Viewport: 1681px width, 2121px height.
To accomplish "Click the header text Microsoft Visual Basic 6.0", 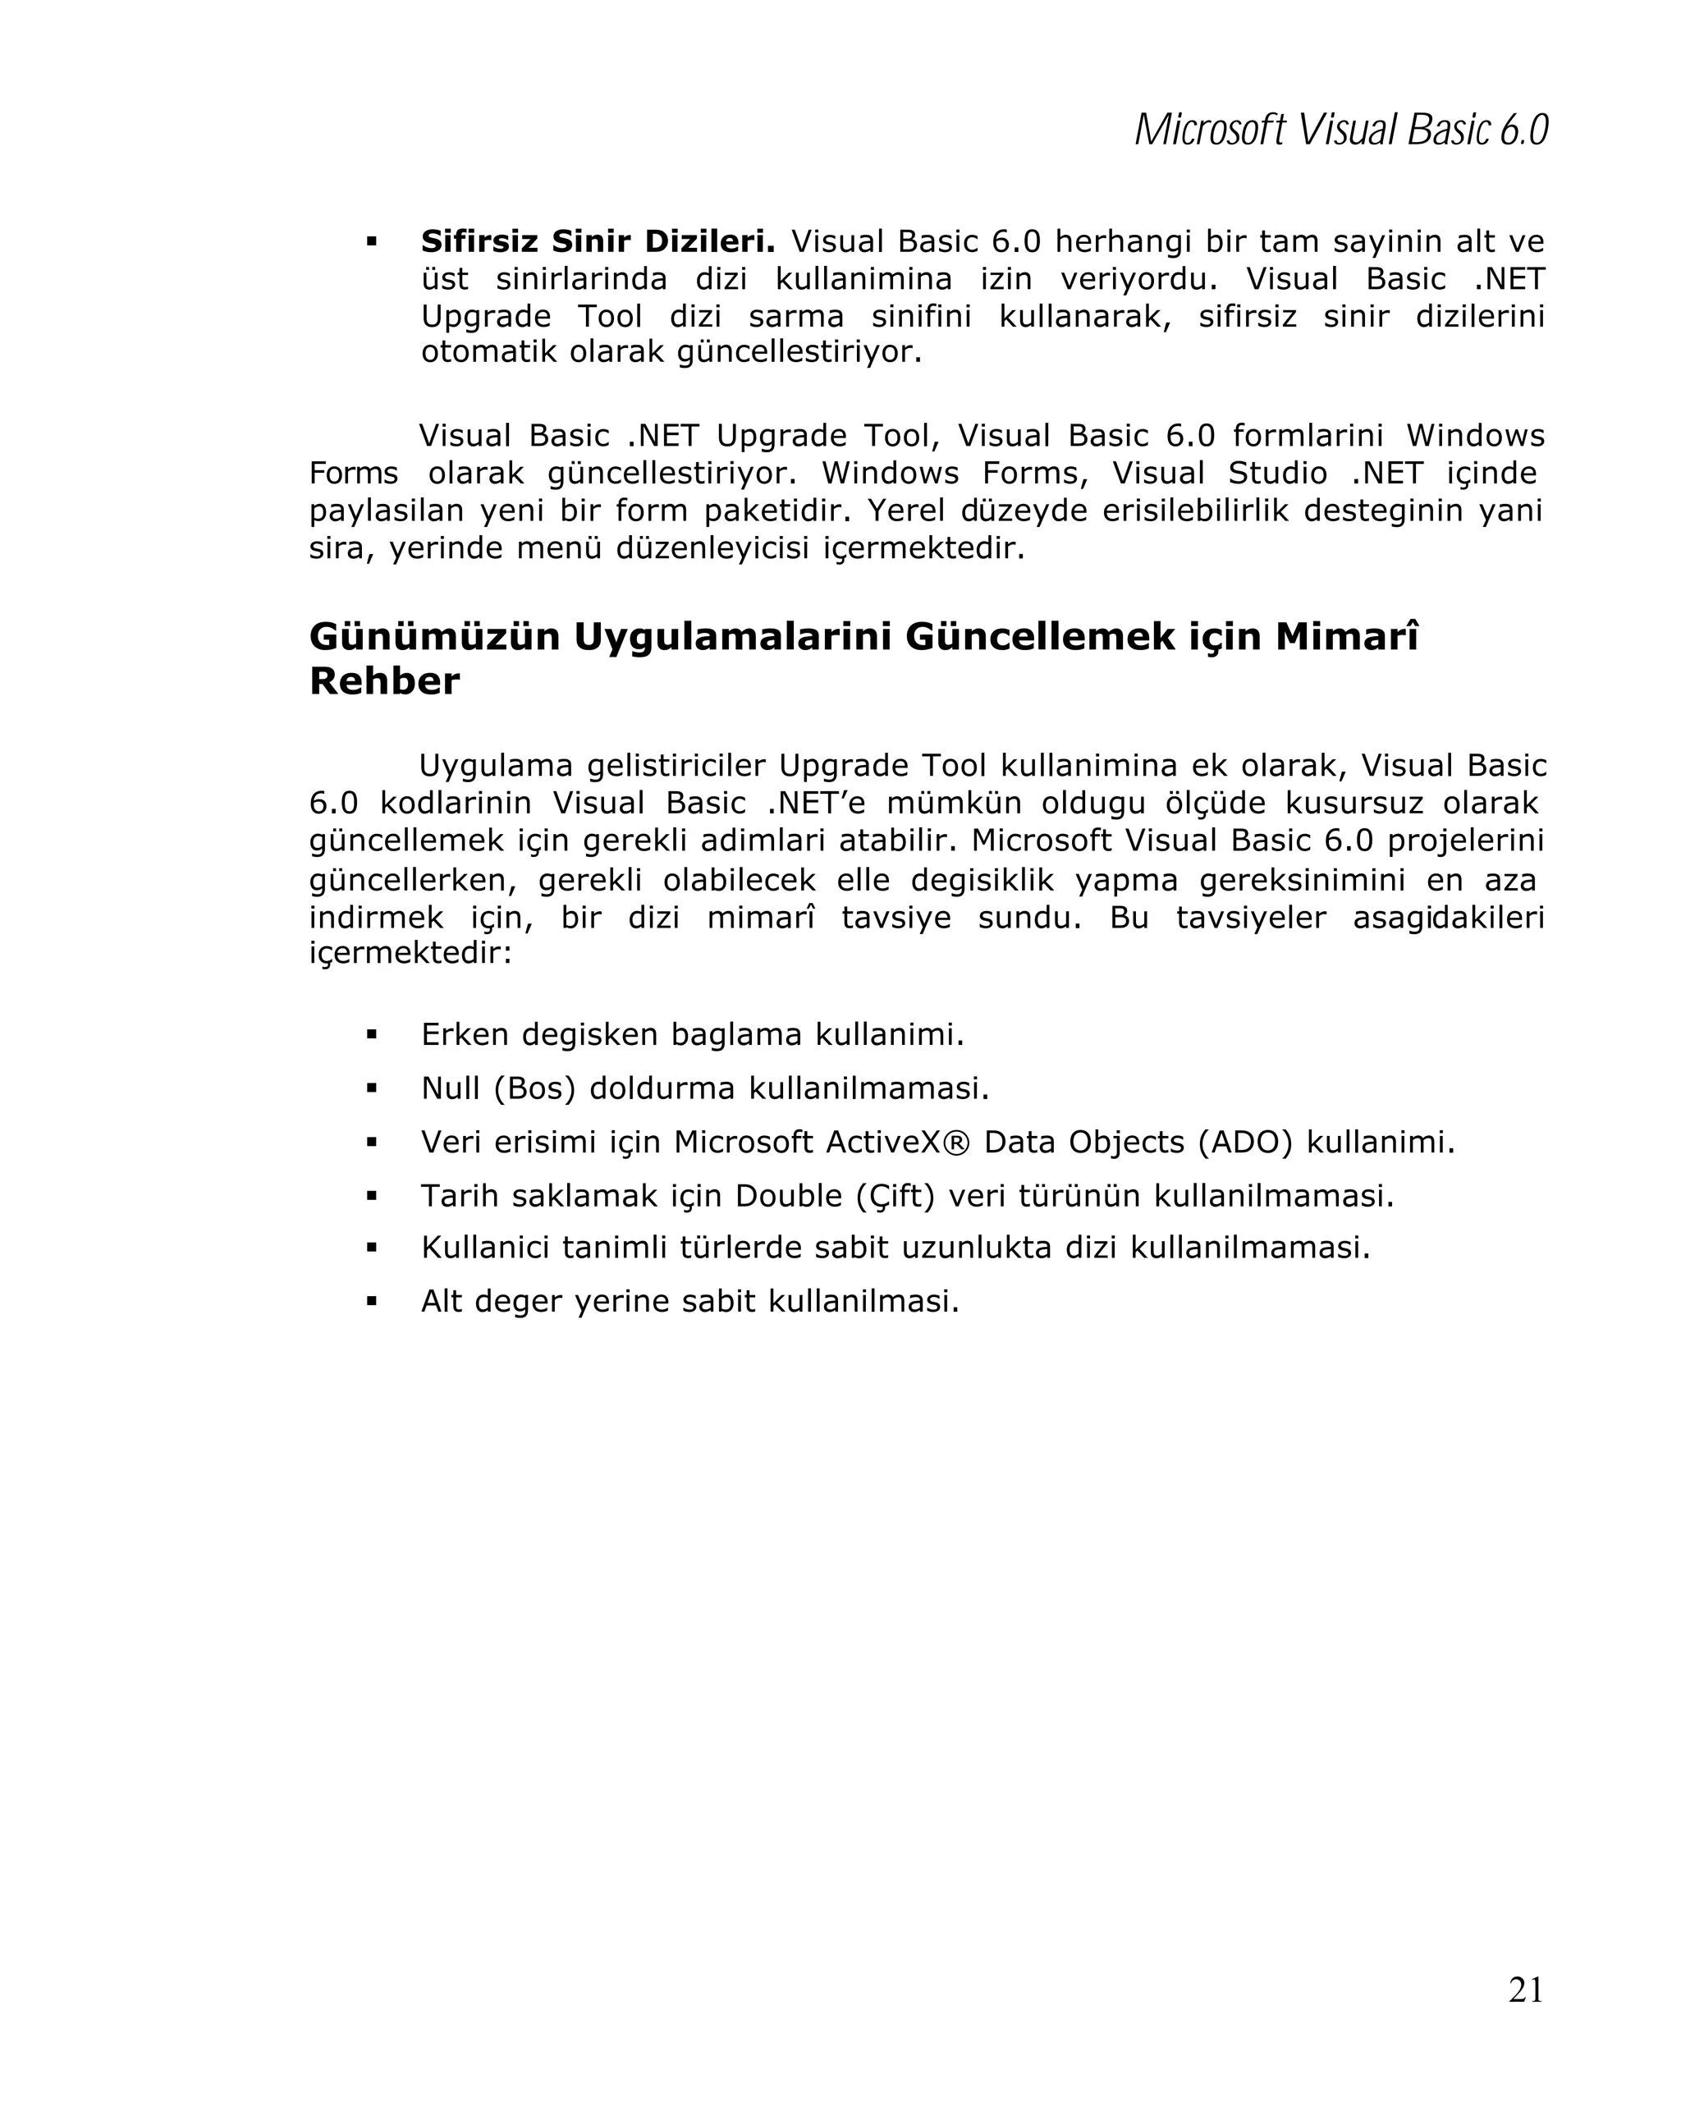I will [x=1340, y=131].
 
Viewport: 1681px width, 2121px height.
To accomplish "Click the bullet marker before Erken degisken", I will [x=372, y=1034].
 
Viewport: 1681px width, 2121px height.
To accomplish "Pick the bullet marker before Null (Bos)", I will [x=372, y=1088].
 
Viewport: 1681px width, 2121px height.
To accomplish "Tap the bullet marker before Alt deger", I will [x=372, y=1302].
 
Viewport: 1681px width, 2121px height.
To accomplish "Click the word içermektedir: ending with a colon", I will [x=410, y=953].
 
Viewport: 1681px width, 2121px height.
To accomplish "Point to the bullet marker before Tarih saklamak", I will [x=372, y=1196].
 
